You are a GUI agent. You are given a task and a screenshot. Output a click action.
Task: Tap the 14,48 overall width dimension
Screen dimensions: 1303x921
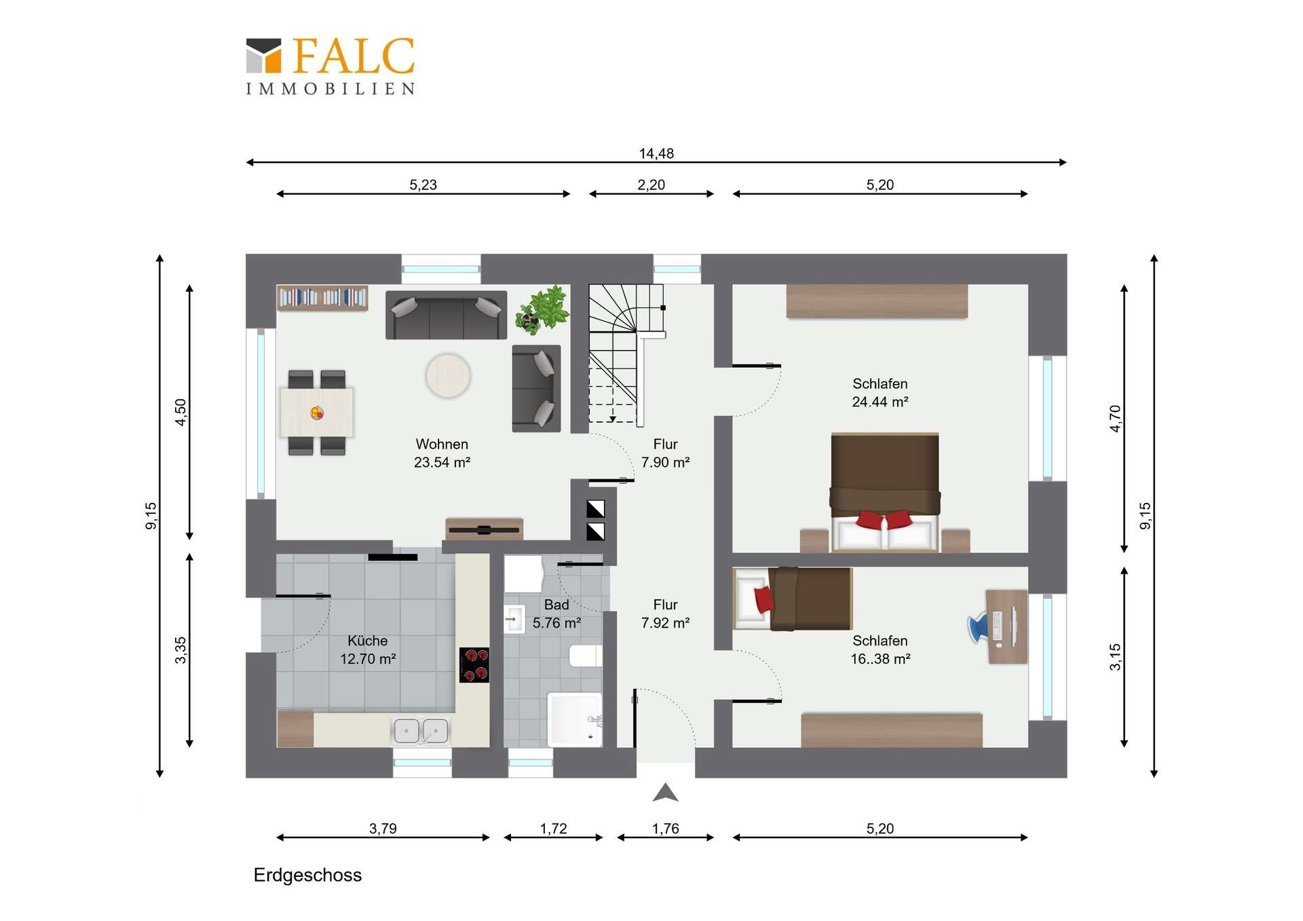[656, 153]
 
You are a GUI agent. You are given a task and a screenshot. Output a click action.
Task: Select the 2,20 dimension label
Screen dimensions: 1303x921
[651, 185]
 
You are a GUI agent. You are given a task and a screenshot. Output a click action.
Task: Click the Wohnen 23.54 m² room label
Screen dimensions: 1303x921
[442, 453]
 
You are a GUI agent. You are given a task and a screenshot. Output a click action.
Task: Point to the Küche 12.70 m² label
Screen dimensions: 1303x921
[368, 650]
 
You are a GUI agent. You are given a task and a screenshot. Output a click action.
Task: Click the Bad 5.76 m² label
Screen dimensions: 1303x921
[556, 614]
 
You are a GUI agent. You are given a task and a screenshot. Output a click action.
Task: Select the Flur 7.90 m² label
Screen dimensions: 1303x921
[665, 453]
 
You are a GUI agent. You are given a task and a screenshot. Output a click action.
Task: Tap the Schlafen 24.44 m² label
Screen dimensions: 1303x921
[880, 392]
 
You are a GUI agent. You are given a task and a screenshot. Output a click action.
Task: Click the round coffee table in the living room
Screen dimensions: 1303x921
[448, 375]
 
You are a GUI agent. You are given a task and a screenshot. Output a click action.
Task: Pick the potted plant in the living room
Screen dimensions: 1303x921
[542, 310]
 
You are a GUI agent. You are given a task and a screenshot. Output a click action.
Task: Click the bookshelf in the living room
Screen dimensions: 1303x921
[322, 297]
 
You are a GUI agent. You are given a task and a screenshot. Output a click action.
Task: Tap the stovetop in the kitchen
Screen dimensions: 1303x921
[474, 664]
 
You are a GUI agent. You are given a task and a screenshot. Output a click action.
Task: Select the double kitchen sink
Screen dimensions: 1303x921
[421, 731]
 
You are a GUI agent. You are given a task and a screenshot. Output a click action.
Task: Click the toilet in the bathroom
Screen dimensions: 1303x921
[586, 656]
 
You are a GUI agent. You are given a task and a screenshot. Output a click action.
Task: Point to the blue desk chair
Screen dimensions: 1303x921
[978, 627]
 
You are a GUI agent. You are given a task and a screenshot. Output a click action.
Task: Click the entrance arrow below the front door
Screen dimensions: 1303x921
[665, 793]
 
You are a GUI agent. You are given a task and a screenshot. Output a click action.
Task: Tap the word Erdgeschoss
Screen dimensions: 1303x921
[307, 875]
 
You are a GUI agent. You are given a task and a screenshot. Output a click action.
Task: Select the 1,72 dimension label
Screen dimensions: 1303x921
[553, 829]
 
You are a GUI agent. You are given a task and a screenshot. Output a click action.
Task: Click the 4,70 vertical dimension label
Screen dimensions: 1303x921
[1115, 418]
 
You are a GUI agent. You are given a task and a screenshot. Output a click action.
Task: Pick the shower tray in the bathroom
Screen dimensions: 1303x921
[575, 719]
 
